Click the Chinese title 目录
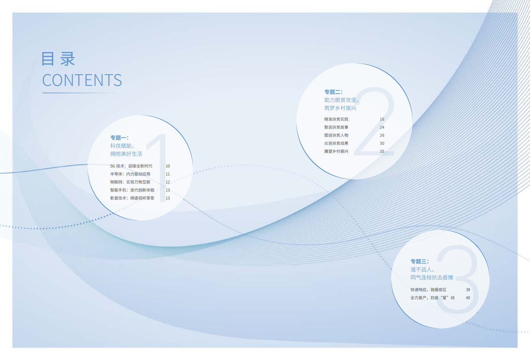pyautogui.click(x=58, y=59)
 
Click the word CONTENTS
pyautogui.click(x=82, y=80)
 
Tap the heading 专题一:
pyautogui.click(x=119, y=138)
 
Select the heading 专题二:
pyautogui.click(x=333, y=92)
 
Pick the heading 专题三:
pyautogui.click(x=419, y=261)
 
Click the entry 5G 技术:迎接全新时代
pyautogui.click(x=131, y=166)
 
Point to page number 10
pyautogui.click(x=168, y=166)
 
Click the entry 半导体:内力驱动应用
pyautogui.click(x=130, y=174)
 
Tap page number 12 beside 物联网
pyautogui.click(x=168, y=182)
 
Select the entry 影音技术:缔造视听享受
pyautogui.click(x=132, y=198)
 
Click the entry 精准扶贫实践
pyautogui.click(x=336, y=119)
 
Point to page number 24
pyautogui.click(x=382, y=127)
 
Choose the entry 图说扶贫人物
pyautogui.click(x=336, y=135)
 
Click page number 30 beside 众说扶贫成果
pyautogui.click(x=382, y=143)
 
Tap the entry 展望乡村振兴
pyautogui.click(x=336, y=151)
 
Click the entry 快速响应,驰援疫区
pyautogui.click(x=428, y=290)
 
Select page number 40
pyautogui.click(x=468, y=298)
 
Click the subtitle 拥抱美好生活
pyautogui.click(x=126, y=154)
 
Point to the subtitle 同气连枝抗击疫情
pyautogui.click(x=431, y=277)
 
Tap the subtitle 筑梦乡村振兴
pyautogui.click(x=340, y=108)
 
